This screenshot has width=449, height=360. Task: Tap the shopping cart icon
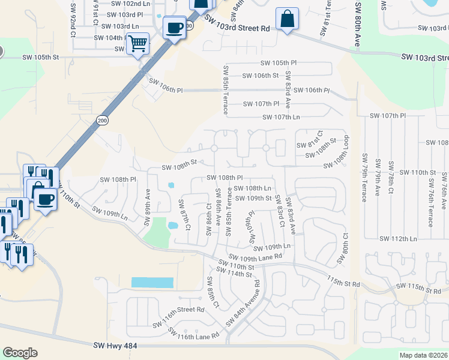137,43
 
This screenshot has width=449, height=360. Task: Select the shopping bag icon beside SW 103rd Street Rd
288,19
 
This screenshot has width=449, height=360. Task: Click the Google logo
20,353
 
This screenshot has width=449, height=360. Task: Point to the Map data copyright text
423,355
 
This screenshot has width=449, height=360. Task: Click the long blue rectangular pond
152,282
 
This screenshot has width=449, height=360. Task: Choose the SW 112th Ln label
398,239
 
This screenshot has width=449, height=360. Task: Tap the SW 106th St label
260,76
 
